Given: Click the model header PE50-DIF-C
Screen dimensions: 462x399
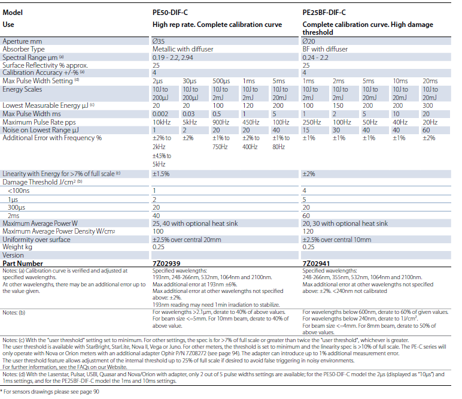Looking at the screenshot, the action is (170, 13).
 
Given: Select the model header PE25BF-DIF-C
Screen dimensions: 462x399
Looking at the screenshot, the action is (324, 13).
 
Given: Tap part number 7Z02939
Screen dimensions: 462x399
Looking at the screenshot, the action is (166, 264).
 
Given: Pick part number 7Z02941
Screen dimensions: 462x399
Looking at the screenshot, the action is (316, 264).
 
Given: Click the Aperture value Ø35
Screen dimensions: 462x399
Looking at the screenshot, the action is (159, 41).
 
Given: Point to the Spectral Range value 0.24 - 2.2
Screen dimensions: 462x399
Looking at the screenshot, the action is (315, 58).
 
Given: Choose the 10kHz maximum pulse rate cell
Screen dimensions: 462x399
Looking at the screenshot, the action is (162, 122).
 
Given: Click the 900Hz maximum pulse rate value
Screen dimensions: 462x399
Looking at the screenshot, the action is (221, 122).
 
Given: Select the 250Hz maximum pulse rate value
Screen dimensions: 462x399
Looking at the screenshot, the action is (312, 122).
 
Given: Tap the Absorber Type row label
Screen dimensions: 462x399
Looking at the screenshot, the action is (23, 49).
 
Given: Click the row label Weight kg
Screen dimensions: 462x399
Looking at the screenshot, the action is (17, 247).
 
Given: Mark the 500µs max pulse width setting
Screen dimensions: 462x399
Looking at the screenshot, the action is (221, 81).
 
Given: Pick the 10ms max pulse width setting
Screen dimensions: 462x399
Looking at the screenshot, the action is (400, 81).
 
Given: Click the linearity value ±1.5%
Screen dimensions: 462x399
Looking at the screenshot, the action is (161, 174).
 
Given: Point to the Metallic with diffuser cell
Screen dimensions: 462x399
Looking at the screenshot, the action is (183, 49).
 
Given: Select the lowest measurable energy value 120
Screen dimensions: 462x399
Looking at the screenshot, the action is (248, 105).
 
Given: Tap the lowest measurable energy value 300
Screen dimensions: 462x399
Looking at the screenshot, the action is (428, 105).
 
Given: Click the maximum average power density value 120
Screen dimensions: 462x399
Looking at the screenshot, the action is (308, 231).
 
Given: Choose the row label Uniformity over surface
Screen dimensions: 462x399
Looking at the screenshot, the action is (37, 240).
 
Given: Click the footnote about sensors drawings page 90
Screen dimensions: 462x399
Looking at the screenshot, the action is (50, 392).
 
